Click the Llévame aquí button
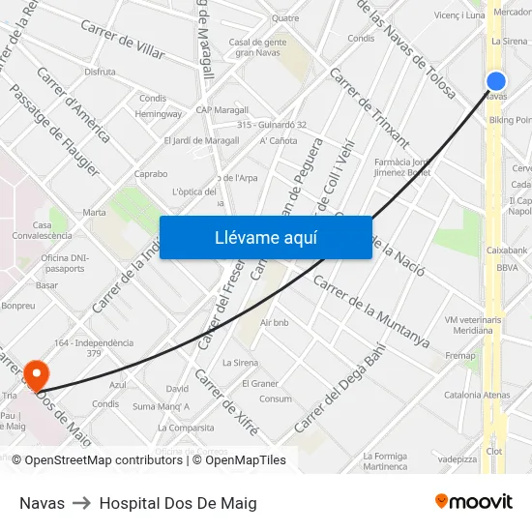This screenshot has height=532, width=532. [265, 237]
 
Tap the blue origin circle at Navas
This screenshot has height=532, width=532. [495, 81]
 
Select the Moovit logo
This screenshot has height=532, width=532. [473, 501]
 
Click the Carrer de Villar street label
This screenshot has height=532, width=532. [123, 40]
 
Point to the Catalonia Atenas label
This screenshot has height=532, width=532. [477, 395]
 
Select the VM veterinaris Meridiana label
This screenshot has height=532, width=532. [473, 325]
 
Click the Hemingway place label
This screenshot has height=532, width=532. [159, 113]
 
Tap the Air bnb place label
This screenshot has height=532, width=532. [275, 322]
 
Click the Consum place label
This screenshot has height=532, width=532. [276, 399]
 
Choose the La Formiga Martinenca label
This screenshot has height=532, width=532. [385, 460]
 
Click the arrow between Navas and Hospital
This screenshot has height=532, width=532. [82, 503]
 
